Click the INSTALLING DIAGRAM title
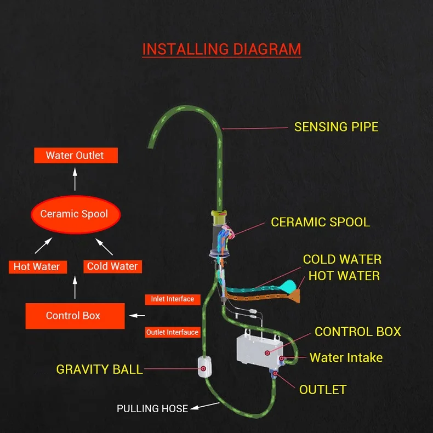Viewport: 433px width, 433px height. (221, 49)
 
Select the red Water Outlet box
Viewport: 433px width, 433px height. (75, 156)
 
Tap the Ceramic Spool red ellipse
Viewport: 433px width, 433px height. (75, 214)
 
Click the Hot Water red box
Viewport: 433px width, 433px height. (37, 267)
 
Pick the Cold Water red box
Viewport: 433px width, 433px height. (112, 266)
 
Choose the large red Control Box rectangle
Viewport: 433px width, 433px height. (73, 316)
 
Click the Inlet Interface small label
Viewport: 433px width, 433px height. (172, 299)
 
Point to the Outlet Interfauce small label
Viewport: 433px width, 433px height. (172, 332)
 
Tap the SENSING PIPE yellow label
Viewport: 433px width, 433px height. (336, 127)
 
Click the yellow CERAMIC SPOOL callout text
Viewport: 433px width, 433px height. (320, 222)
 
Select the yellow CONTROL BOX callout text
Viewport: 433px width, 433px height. (357, 332)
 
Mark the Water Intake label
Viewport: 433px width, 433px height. (346, 358)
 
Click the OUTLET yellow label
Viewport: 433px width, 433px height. (323, 390)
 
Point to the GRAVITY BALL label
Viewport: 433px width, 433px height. (99, 369)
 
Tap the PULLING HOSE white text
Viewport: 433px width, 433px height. (152, 408)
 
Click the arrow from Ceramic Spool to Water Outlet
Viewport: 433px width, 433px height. (75, 179)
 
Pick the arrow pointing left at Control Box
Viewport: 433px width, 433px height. (137, 316)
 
